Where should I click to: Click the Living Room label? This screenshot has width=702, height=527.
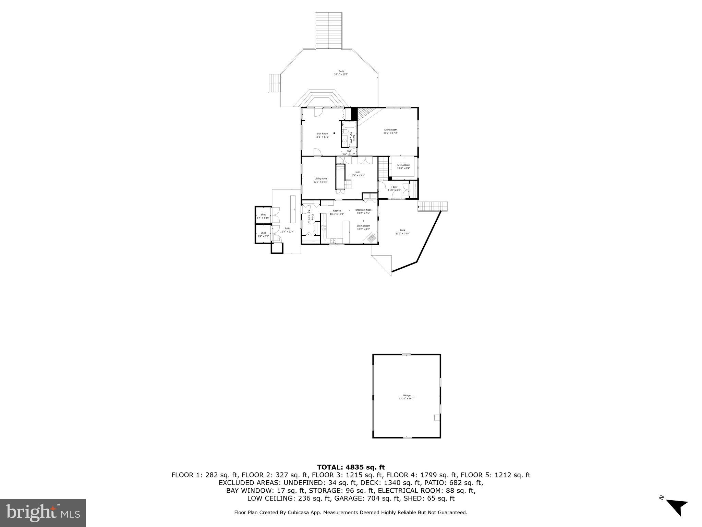pos(390,130)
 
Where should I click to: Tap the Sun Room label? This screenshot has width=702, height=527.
pos(322,133)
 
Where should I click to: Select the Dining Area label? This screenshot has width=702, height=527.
pos(320,178)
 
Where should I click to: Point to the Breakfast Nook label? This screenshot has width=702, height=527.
pos(363,210)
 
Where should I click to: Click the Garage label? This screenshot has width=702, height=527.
pos(407,395)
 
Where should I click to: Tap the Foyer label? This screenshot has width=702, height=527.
pos(394,187)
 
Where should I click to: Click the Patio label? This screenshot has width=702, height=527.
pos(287,229)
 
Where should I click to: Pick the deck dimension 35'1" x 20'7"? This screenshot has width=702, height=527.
pos(341,74)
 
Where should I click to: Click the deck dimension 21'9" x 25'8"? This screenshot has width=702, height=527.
pos(402,234)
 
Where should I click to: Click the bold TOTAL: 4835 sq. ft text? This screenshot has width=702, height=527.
pos(351,467)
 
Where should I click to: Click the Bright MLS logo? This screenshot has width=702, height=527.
pos(43,513)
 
